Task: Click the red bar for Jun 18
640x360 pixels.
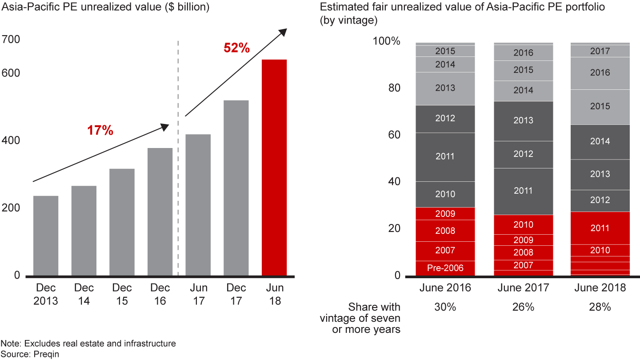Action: click(x=274, y=168)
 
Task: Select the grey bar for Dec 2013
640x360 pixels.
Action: click(x=46, y=236)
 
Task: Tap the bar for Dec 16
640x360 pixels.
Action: click(x=160, y=212)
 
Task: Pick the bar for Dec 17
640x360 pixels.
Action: click(x=236, y=188)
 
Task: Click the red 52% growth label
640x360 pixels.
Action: click(x=236, y=48)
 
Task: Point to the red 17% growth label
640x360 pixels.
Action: click(x=100, y=131)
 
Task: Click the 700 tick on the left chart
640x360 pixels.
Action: click(x=11, y=40)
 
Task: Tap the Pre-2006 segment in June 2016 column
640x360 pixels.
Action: click(x=445, y=268)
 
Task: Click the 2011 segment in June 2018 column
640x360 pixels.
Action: click(x=600, y=228)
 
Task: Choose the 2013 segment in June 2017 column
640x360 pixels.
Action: click(x=523, y=120)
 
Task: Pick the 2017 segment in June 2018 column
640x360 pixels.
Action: click(x=600, y=51)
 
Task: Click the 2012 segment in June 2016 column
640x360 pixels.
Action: click(x=445, y=119)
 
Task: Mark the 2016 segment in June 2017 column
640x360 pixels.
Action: click(x=523, y=53)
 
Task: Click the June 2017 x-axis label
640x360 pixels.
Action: click(x=523, y=288)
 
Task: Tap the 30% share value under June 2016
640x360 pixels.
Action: click(x=445, y=307)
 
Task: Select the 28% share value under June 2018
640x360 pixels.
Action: click(x=600, y=307)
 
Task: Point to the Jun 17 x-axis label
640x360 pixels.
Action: click(x=198, y=294)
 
